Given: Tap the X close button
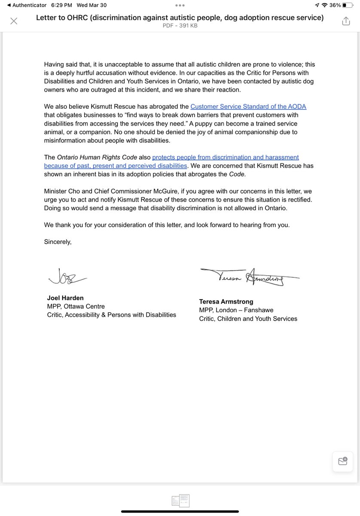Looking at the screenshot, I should point(14,21).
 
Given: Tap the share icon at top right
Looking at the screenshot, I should point(346,21).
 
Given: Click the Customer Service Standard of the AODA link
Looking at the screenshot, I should point(248,107).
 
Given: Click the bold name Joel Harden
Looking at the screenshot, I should point(65,298).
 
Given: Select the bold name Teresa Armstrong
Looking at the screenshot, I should point(226,301).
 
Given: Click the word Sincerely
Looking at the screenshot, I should point(58,242).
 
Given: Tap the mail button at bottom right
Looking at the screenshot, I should point(342,461).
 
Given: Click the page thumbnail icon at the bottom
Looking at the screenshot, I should point(180,501).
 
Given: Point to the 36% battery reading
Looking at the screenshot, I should point(335,5).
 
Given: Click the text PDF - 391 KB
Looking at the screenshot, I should point(180,26).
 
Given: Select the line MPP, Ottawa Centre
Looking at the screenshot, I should point(76,307).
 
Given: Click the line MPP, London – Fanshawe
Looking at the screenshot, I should point(236,310).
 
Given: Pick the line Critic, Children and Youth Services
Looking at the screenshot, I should point(248,319).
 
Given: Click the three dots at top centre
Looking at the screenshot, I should point(180,6).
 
